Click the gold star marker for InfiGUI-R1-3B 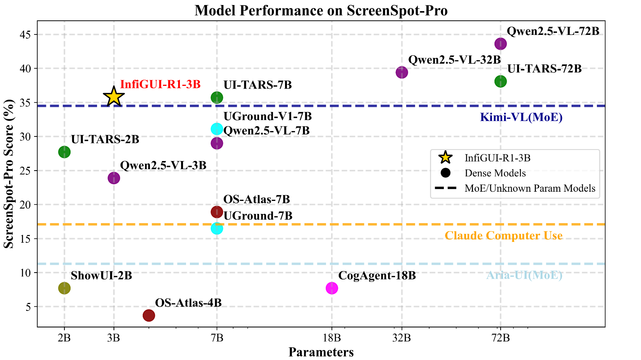[x=114, y=97]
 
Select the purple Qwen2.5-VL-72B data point [x=500, y=44]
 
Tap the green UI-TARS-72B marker [x=500, y=81]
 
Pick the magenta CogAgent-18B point [x=332, y=288]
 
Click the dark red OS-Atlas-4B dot [x=149, y=316]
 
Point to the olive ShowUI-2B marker [x=64, y=288]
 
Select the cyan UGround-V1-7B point [x=217, y=129]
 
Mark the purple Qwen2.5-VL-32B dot [x=402, y=72]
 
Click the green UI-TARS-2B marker [x=64, y=152]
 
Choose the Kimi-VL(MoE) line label [x=521, y=117]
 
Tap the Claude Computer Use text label [x=503, y=235]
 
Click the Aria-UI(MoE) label [x=524, y=275]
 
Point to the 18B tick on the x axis [x=332, y=338]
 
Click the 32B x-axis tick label [x=402, y=338]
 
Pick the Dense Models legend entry [x=495, y=173]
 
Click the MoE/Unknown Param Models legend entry [x=530, y=188]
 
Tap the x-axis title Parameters [x=321, y=352]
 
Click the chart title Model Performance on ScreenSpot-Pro [x=321, y=10]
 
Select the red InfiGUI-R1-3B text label [x=160, y=84]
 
